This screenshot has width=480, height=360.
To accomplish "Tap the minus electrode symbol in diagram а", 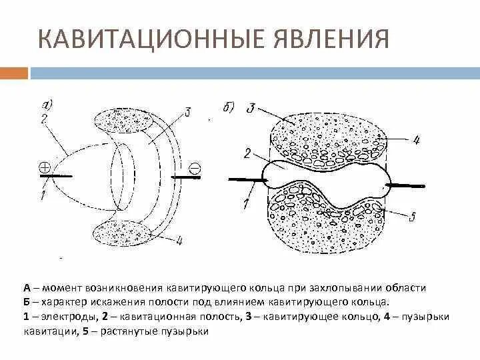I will click(195, 167).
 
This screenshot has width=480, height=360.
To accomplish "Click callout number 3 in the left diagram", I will click(189, 113).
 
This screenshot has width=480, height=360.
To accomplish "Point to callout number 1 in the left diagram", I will click(42, 195).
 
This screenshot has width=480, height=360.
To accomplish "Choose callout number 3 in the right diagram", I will click(250, 108).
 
